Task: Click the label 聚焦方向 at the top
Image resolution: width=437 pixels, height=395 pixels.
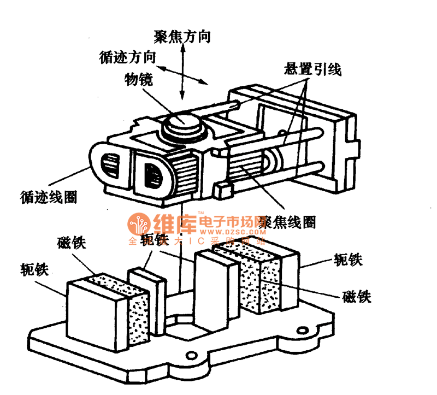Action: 182,37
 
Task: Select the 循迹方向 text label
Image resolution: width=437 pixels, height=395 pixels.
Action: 128,57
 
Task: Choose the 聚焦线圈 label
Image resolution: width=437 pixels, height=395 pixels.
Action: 288,222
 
